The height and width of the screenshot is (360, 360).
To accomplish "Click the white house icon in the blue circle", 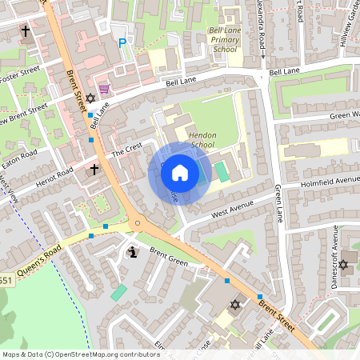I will pos(180,172).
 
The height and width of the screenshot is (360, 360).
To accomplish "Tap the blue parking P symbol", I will pos(122,43).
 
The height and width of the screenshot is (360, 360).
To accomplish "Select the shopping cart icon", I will pos(103,89).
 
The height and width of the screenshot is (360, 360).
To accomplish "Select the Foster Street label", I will pos(19,78).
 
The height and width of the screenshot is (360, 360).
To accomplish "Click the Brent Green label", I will pos(168,258).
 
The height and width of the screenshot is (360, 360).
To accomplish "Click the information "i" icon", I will pos(133,253).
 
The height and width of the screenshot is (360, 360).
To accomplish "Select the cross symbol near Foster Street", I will pos(25,31).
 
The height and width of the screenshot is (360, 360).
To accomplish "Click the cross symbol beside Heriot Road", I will pos(94,170).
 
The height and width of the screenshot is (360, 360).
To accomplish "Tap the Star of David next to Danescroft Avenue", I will pos(344,265).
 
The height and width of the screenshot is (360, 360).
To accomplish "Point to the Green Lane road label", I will pos(279,203).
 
